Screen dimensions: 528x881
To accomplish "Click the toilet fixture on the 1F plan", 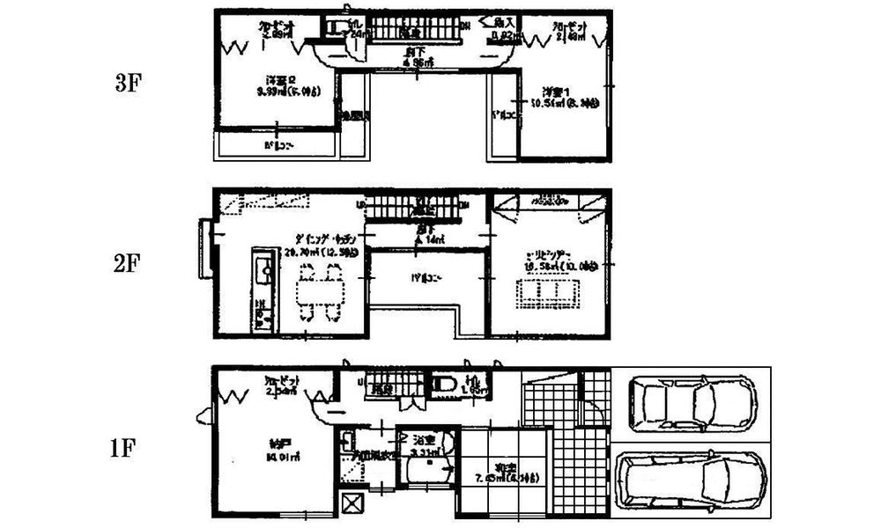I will tap(443, 383).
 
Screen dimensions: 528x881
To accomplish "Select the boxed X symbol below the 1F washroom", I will tap(353, 504).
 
